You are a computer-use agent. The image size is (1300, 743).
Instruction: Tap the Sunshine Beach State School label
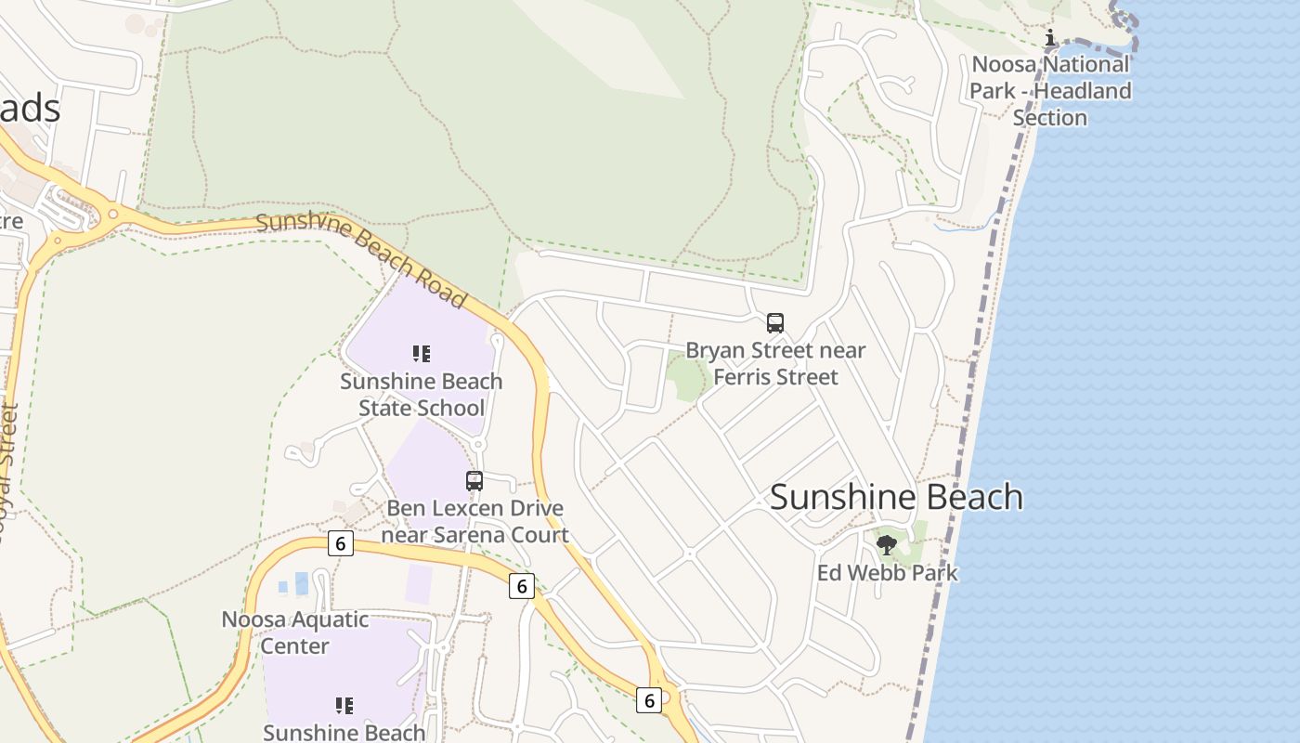pyautogui.click(x=422, y=395)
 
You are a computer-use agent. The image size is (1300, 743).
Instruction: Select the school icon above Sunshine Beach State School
pyautogui.click(x=422, y=354)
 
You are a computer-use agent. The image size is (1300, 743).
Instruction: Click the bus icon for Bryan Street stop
pyautogui.click(x=775, y=323)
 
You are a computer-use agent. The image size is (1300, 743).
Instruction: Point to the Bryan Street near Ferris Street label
pyautogui.click(x=775, y=364)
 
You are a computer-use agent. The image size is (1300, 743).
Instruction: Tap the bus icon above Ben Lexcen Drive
pyautogui.click(x=474, y=481)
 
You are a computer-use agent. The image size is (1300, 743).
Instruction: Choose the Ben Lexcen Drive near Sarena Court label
pyautogui.click(x=474, y=522)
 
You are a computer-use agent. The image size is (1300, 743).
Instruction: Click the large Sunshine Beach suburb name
pyautogui.click(x=896, y=497)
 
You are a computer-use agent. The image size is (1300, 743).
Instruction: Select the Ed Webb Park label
pyautogui.click(x=887, y=573)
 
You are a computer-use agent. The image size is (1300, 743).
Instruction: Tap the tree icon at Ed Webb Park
pyautogui.click(x=887, y=545)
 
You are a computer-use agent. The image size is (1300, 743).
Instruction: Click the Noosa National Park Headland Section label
pyautogui.click(x=1050, y=91)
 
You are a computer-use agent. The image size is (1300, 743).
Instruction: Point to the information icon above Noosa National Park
pyautogui.click(x=1050, y=38)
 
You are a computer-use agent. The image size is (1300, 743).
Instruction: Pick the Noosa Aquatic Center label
pyautogui.click(x=294, y=632)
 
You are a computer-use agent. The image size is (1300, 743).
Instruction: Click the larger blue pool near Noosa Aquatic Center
pyautogui.click(x=302, y=583)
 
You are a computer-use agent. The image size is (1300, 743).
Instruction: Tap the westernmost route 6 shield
pyautogui.click(x=341, y=543)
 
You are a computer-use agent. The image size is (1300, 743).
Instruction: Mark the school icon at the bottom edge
pyautogui.click(x=344, y=706)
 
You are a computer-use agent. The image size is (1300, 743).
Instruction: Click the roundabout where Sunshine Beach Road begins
pyautogui.click(x=113, y=214)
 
